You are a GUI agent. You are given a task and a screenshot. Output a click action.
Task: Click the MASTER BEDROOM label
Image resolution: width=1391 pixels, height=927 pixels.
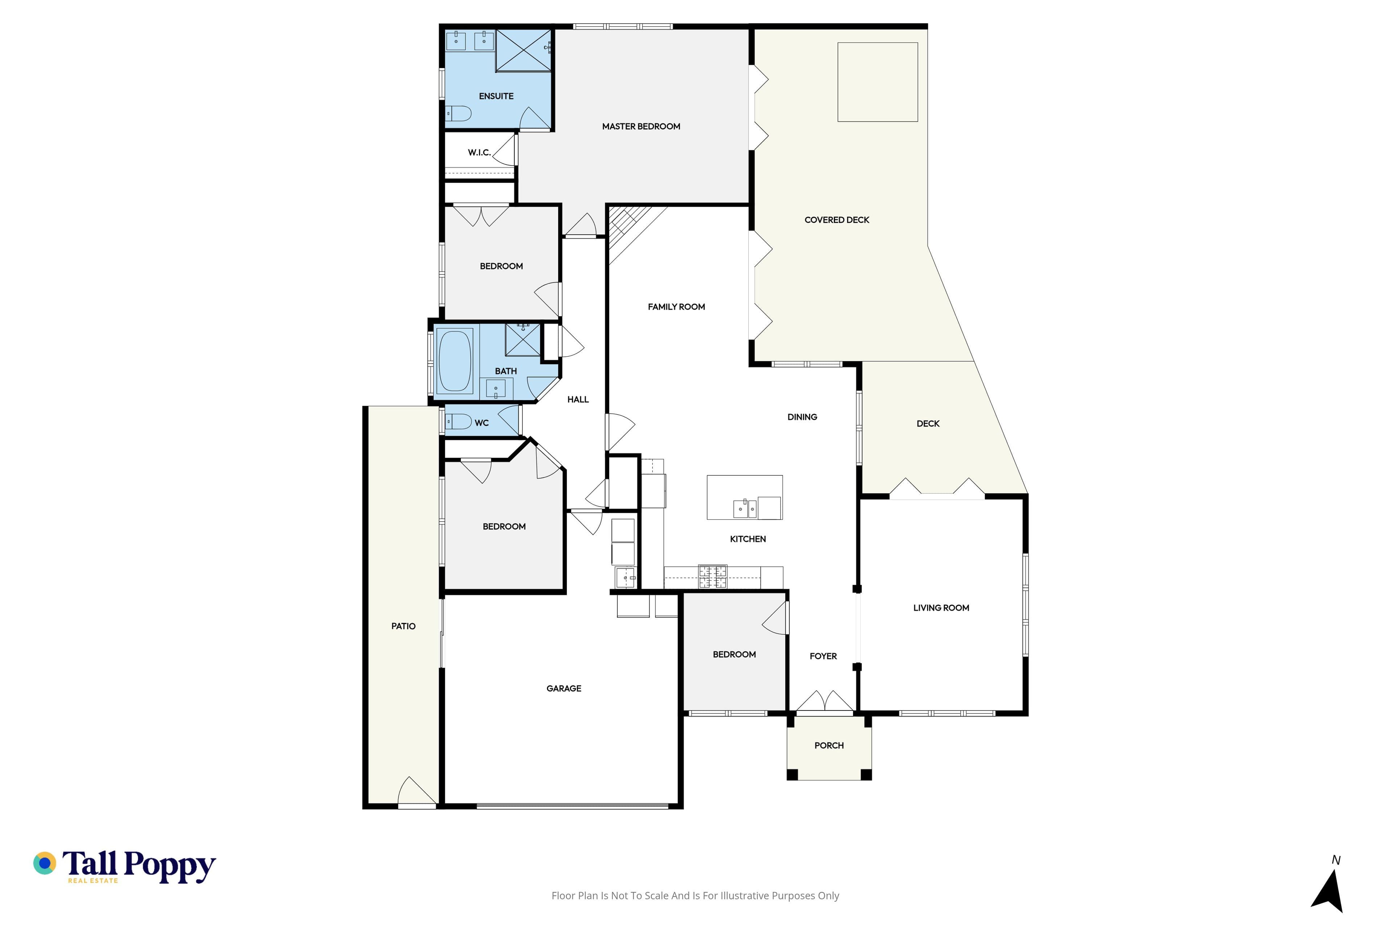(x=641, y=126)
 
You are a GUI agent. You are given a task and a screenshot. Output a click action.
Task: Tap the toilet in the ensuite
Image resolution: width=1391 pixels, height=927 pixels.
(x=458, y=113)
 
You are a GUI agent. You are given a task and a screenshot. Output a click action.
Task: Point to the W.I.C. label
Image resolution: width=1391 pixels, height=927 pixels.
(x=479, y=152)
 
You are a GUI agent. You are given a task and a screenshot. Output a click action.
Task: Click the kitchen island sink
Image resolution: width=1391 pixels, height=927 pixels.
(x=745, y=508)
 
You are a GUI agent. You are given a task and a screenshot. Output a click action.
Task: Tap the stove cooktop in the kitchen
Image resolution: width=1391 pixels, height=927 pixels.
(x=713, y=577)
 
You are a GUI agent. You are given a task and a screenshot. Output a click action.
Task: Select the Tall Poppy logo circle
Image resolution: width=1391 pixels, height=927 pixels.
(x=44, y=863)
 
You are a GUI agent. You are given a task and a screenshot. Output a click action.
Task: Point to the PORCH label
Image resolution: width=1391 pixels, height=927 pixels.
(x=828, y=746)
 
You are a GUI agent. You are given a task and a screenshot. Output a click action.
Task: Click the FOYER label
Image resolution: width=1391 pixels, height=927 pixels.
(x=823, y=656)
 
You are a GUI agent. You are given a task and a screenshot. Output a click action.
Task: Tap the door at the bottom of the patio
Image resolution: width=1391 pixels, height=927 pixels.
(x=418, y=792)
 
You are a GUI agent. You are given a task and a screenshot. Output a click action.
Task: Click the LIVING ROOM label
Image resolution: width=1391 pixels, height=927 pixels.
(x=941, y=608)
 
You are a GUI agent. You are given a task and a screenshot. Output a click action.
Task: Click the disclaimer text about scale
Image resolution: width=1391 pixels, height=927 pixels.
(x=695, y=895)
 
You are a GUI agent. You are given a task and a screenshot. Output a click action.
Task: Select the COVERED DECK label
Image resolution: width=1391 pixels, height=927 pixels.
(x=837, y=220)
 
